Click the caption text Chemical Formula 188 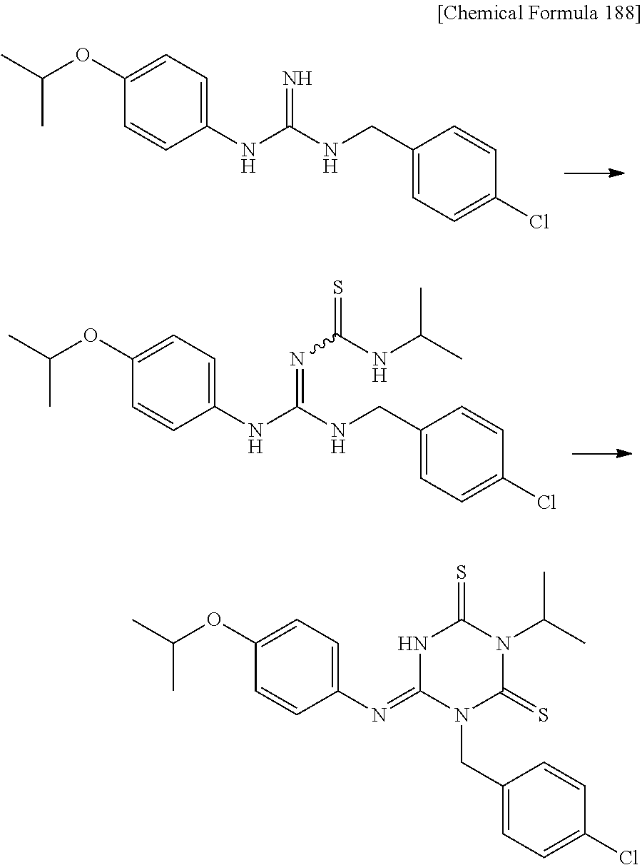tap(539, 15)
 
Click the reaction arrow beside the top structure tap(594, 172)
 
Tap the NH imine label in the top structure tap(298, 79)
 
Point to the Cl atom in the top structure tap(539, 223)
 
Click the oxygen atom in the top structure tap(83, 56)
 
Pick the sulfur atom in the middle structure tap(339, 289)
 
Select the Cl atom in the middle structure tap(546, 503)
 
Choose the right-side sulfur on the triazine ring tap(543, 714)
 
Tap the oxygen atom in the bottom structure tap(214, 618)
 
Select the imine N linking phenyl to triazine tap(378, 715)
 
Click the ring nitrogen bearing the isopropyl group tap(504, 644)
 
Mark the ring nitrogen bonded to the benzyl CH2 tap(462, 715)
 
